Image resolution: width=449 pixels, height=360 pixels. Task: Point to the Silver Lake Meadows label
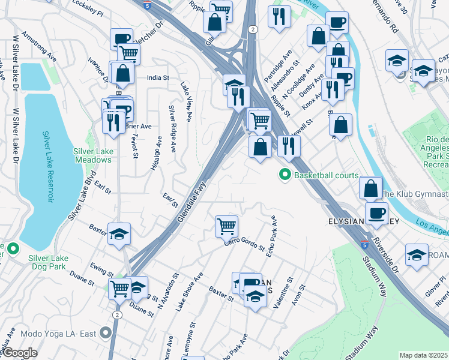92,155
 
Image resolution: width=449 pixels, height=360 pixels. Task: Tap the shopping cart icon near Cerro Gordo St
227,226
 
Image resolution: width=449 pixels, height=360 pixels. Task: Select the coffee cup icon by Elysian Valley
376,214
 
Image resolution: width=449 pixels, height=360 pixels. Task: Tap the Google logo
20,353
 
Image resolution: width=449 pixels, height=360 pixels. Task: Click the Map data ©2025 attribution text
423,355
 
